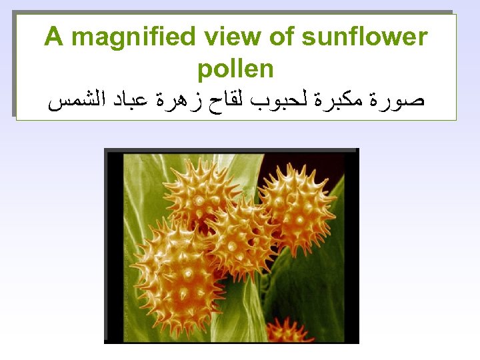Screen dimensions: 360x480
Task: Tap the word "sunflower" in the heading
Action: coord(364,37)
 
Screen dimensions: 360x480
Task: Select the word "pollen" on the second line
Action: coord(235,68)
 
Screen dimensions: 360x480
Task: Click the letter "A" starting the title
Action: coord(53,37)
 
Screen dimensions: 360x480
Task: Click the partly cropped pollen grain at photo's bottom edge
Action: coord(288,331)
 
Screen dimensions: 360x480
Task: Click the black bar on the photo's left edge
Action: coord(114,247)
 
